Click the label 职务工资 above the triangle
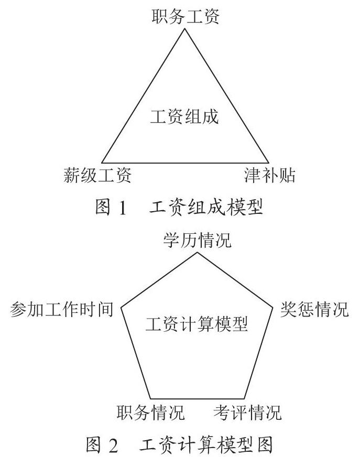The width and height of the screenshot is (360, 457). tap(186, 16)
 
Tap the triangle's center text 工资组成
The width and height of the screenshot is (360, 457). tap(184, 116)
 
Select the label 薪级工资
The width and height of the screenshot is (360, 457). tap(97, 175)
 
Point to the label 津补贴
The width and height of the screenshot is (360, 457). tap(270, 175)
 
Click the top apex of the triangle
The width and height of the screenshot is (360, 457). tap(184, 28)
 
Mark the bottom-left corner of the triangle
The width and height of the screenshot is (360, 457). tap(102, 162)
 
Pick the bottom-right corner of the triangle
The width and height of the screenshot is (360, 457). tap(268, 162)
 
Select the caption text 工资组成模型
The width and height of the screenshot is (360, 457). tap(206, 208)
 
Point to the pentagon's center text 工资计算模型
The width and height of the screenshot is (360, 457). tap(197, 324)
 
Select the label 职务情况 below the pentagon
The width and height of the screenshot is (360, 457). tap(151, 412)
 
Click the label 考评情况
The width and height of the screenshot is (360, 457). tap(247, 412)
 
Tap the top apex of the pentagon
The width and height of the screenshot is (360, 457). tap(198, 253)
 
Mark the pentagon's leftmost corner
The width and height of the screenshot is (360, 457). tap(121, 307)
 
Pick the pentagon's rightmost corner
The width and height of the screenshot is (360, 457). tap(273, 307)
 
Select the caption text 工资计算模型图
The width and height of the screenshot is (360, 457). tap(206, 445)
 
